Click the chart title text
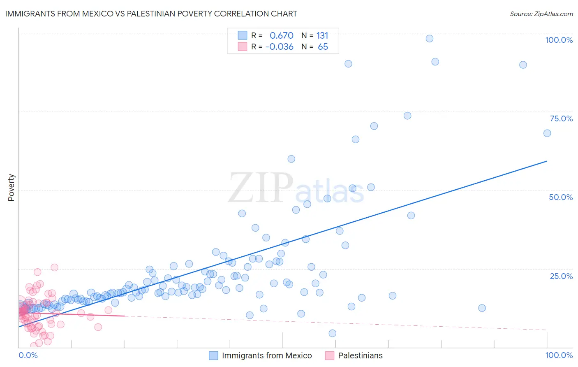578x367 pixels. [151, 14]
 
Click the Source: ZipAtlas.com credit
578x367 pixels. [541, 14]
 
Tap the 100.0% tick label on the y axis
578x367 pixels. [559, 40]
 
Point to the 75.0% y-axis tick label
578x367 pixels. [561, 118]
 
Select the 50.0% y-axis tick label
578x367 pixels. [561, 197]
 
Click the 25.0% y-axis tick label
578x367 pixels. [561, 276]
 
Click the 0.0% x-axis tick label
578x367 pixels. [28, 355]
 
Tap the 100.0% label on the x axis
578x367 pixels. [559, 355]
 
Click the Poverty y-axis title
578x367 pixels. [11, 188]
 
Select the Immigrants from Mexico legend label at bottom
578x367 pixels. [267, 355]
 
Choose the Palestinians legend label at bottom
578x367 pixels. [360, 355]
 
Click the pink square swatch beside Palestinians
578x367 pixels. [329, 355]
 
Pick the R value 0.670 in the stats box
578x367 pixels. [282, 36]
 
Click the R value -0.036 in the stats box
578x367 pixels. [280, 47]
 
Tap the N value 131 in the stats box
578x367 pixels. [322, 36]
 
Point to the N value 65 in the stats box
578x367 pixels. [323, 47]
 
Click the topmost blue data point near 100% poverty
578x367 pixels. [430, 39]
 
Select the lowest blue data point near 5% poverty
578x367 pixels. [333, 333]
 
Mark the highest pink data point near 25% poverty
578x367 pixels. [54, 267]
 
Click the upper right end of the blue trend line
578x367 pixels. [547, 161]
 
